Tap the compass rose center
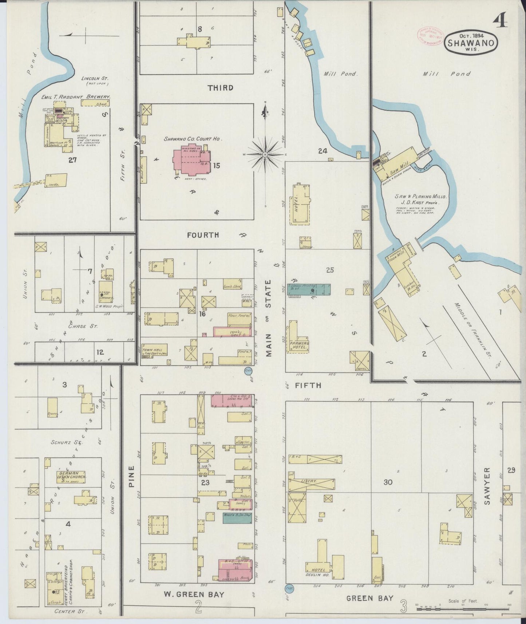click(265, 155)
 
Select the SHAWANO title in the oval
click(471, 43)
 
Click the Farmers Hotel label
click(300, 346)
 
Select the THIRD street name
click(220, 88)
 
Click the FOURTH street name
click(203, 235)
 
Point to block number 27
click(72, 159)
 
